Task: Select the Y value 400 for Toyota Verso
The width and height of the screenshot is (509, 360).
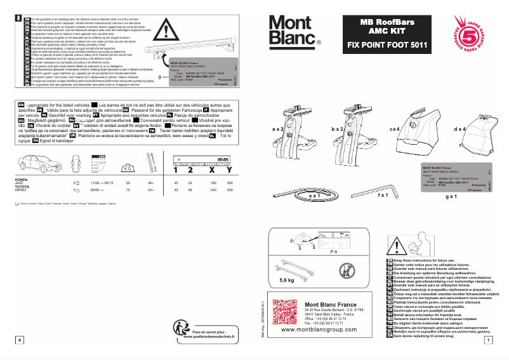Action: coord(229,190)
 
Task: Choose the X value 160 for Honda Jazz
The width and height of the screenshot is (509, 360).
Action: coord(210,182)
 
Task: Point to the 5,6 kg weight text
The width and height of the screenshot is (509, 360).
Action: coord(288,279)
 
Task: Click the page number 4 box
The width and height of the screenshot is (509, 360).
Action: coord(20,341)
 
